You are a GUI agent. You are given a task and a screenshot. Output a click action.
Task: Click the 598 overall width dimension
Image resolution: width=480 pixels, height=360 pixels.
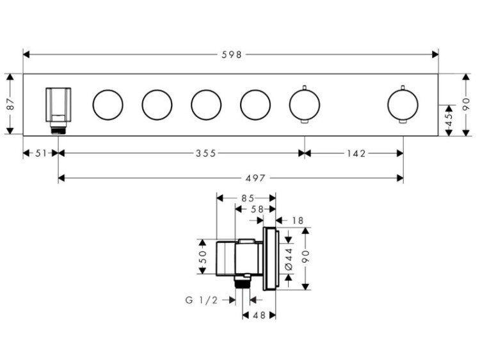(x=232, y=55)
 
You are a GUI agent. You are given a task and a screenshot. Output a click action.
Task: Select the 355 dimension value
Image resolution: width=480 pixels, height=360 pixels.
(x=206, y=153)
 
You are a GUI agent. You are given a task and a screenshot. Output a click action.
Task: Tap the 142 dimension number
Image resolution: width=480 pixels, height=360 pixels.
(x=356, y=153)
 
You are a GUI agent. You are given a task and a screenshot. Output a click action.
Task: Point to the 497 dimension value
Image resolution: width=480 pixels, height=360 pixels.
(x=255, y=178)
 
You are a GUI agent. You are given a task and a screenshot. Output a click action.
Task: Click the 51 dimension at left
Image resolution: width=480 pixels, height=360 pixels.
(x=41, y=153)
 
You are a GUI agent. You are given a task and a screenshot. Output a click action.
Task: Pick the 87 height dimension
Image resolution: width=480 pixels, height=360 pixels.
(x=10, y=104)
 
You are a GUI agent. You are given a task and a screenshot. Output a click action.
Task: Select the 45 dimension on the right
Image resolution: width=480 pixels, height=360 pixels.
(x=449, y=120)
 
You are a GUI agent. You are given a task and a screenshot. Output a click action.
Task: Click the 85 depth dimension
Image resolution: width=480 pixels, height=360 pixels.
(x=248, y=198)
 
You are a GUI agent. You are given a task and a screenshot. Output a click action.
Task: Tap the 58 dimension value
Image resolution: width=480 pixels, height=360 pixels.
(x=257, y=209)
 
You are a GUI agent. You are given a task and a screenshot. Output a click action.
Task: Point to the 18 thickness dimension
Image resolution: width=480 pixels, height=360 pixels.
(x=297, y=221)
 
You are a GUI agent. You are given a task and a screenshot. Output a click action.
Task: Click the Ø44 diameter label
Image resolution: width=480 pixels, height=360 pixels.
(x=289, y=260)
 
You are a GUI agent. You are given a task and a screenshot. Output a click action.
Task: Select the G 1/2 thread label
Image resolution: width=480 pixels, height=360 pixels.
(x=202, y=301)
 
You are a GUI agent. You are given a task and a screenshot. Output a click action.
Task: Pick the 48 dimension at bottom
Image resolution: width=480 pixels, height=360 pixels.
(x=259, y=315)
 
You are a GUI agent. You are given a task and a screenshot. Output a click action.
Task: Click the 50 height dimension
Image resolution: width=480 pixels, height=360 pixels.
(x=203, y=256)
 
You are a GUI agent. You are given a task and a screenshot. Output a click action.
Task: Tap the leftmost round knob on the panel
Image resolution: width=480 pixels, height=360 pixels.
(x=108, y=105)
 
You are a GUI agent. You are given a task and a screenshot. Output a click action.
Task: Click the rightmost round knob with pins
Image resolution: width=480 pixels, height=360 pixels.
(x=403, y=104)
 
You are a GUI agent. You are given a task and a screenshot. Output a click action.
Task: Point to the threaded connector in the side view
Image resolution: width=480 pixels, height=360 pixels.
(x=243, y=281)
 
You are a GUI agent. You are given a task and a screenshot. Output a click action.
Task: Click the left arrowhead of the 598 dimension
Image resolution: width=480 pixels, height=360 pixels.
(x=26, y=55)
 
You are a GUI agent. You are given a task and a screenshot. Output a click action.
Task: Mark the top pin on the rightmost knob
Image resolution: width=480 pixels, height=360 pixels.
(x=403, y=87)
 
